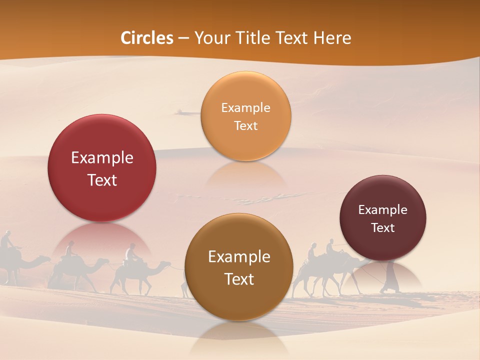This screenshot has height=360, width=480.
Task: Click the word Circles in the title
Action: click(x=147, y=38)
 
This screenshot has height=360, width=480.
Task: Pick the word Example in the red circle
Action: click(x=102, y=158)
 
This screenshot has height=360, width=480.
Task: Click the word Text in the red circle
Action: click(x=102, y=180)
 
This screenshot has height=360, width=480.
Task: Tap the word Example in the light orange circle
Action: click(x=245, y=108)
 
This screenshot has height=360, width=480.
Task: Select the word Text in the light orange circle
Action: click(x=245, y=126)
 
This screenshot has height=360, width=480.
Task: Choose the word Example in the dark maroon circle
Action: click(x=382, y=210)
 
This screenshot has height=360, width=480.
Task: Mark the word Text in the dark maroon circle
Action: click(x=382, y=228)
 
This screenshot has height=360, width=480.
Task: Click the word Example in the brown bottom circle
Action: click(x=239, y=257)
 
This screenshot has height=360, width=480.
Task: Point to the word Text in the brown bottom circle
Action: click(x=239, y=279)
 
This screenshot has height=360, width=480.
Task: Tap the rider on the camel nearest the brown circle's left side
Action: click(x=131, y=253)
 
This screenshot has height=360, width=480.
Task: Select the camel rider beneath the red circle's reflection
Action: click(x=70, y=250)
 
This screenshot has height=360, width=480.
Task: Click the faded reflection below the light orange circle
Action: click(x=245, y=175)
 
